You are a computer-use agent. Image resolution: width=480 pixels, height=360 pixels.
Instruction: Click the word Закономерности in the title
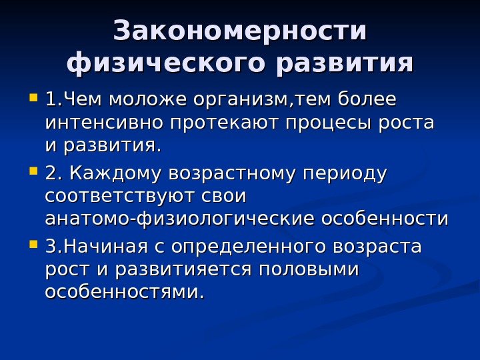tap(240, 31)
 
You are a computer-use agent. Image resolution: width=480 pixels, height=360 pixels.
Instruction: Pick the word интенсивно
tap(105, 123)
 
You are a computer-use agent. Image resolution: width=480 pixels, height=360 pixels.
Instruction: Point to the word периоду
tap(345, 174)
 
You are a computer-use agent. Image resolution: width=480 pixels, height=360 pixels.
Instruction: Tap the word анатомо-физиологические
tap(181, 219)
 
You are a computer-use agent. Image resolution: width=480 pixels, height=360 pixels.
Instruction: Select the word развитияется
tap(183, 270)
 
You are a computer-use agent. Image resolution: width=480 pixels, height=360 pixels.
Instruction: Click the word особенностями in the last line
tap(124, 292)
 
